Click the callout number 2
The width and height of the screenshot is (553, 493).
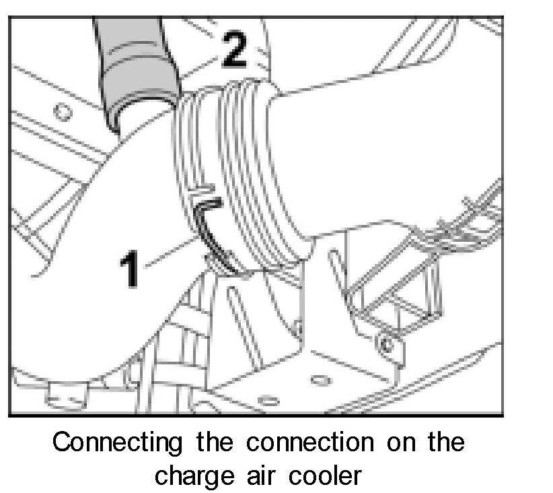233,51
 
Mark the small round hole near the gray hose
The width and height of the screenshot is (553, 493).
63,110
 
